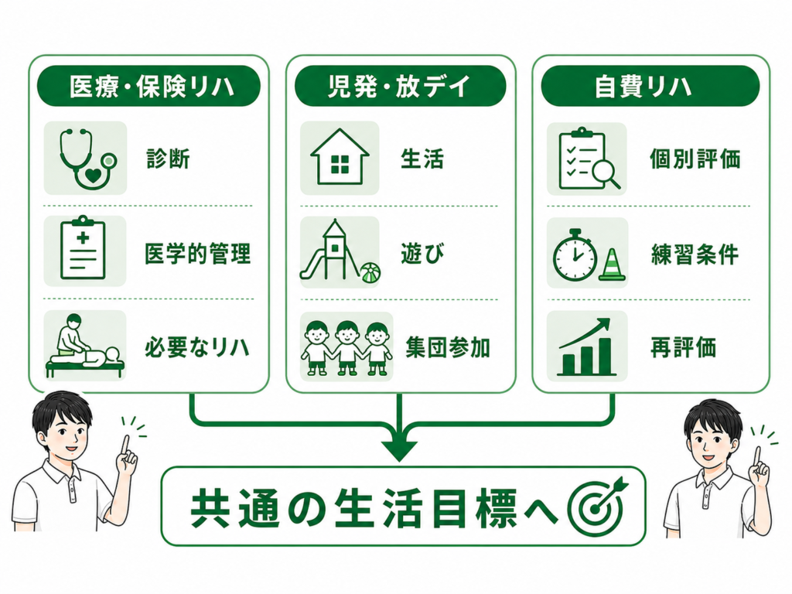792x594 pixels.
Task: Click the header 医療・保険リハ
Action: point(149,86)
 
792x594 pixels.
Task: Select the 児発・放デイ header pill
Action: point(400,86)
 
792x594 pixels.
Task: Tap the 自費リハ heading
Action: point(650,86)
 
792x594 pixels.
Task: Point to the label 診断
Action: point(169,159)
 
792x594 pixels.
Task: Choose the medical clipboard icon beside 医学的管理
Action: point(84,251)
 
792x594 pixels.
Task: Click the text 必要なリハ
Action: point(197,347)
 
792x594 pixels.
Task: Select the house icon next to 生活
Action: point(340,158)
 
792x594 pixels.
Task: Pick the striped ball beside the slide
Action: point(370,273)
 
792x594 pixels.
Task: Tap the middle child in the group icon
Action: point(346,348)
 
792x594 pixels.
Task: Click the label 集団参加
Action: point(448,348)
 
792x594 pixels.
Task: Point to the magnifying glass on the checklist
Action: point(606,175)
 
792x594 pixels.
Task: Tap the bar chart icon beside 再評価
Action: point(586,346)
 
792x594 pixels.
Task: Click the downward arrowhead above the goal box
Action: point(400,449)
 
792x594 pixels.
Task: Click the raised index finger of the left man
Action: point(125,446)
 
